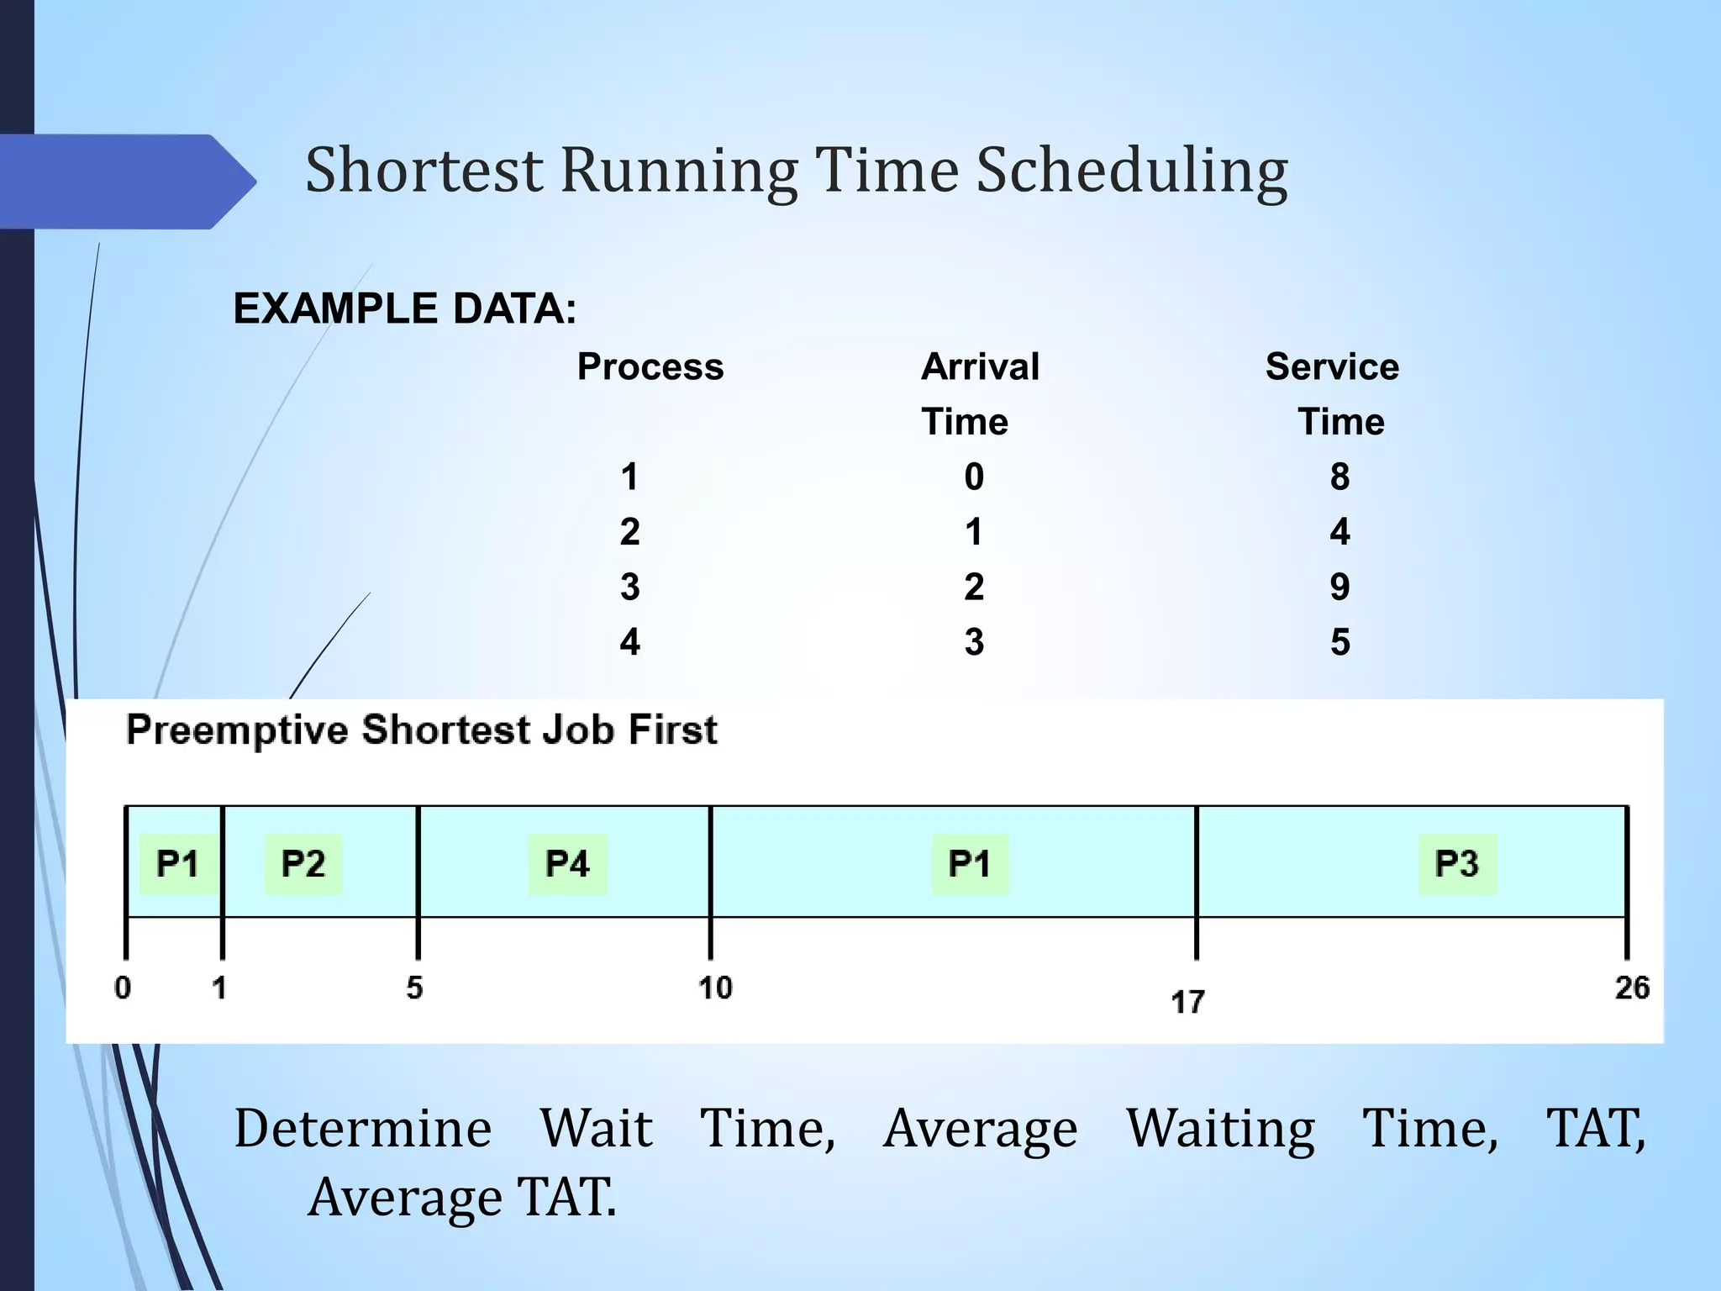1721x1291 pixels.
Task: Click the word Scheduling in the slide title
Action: [1131, 172]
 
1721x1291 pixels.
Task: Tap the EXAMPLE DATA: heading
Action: [405, 308]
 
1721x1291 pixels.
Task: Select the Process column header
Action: [650, 367]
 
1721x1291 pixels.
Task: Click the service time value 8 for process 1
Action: [1339, 477]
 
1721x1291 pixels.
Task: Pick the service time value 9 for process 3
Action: [1339, 587]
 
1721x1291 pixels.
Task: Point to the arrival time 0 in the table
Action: [974, 477]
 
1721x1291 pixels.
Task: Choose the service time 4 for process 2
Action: [1339, 532]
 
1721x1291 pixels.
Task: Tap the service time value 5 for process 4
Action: [1339, 642]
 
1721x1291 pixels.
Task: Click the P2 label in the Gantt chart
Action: [303, 864]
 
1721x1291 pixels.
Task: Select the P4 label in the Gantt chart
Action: [567, 864]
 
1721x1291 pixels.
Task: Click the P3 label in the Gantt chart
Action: [1457, 864]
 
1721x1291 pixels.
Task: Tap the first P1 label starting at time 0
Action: [177, 864]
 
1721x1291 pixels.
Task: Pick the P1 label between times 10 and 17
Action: [970, 864]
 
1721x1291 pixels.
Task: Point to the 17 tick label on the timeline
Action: [1187, 1002]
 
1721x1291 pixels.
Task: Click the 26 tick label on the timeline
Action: [1632, 988]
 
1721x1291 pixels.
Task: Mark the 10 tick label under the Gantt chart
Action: [715, 988]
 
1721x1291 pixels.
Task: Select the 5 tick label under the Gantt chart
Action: [414, 988]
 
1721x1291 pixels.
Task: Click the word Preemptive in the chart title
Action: [237, 730]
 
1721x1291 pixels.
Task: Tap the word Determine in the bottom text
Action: [363, 1129]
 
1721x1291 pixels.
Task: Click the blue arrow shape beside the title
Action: [126, 182]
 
